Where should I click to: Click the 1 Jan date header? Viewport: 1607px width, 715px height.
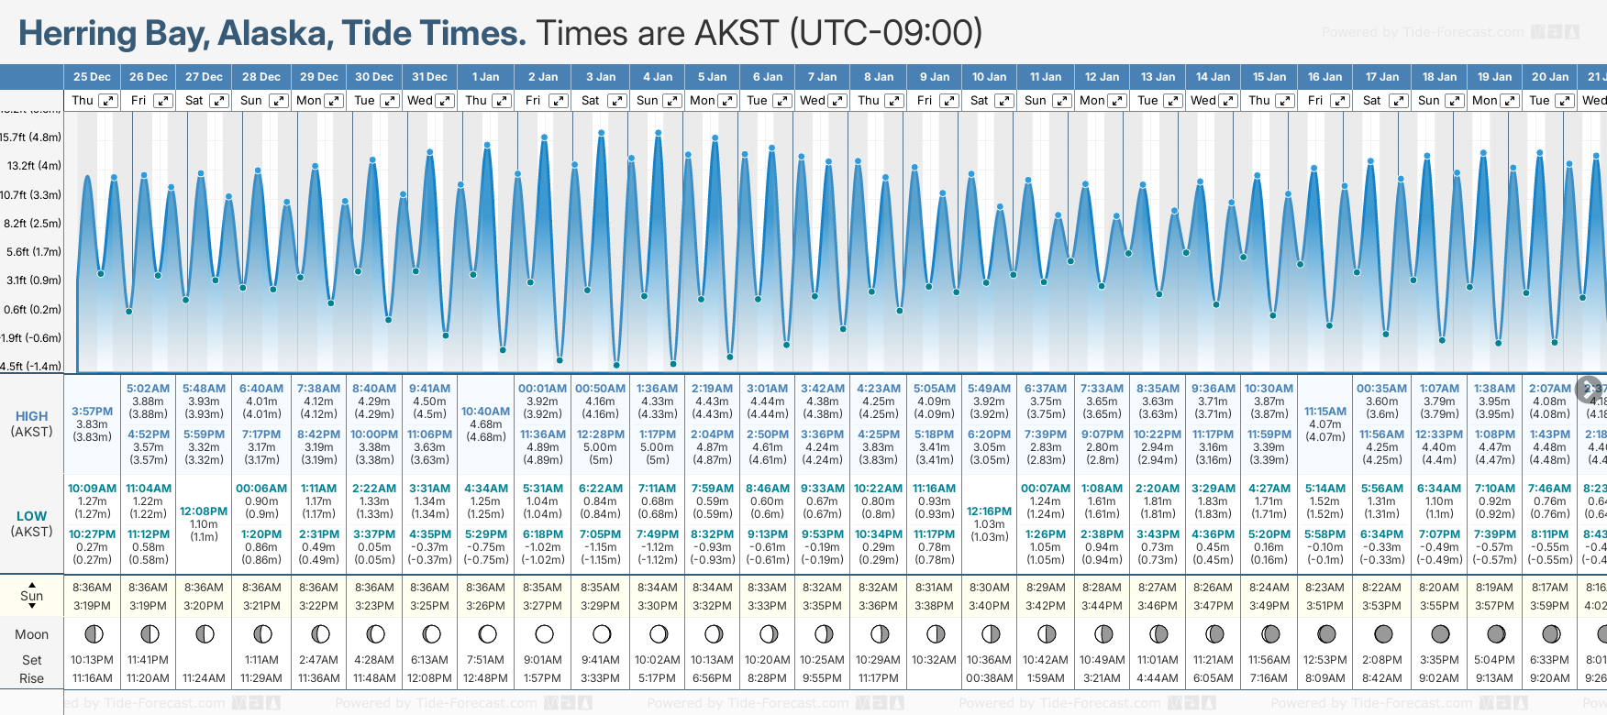coord(485,77)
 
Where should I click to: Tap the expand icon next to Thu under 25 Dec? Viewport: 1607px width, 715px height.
coord(108,101)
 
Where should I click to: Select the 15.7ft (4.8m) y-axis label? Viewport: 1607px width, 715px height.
coord(31,137)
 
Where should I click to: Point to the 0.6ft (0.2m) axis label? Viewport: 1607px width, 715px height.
coord(31,310)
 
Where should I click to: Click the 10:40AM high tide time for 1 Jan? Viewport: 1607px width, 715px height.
coord(485,412)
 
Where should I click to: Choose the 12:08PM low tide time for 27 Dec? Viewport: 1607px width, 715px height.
coord(204,511)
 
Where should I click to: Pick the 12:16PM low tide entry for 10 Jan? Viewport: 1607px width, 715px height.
coord(990,511)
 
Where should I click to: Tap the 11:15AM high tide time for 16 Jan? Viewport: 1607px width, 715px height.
coord(1324,412)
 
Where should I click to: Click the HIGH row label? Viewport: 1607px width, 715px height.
coord(31,416)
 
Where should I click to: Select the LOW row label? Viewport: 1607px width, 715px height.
coord(31,516)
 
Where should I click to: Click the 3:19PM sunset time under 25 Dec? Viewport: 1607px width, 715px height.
coord(92,606)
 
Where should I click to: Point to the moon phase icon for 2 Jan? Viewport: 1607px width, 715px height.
coord(544,634)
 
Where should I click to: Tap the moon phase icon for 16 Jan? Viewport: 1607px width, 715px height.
coord(1325,634)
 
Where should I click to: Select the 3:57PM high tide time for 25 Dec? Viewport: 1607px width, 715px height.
coord(92,412)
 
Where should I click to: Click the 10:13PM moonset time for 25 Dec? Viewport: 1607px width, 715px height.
coord(92,660)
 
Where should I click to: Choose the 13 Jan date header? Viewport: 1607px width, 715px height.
coord(1158,77)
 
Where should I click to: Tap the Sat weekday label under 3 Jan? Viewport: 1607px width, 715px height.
coord(591,101)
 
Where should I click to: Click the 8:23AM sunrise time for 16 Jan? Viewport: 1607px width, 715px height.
coord(1324,588)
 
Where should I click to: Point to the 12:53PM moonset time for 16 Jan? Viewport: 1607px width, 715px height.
coord(1324,660)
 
